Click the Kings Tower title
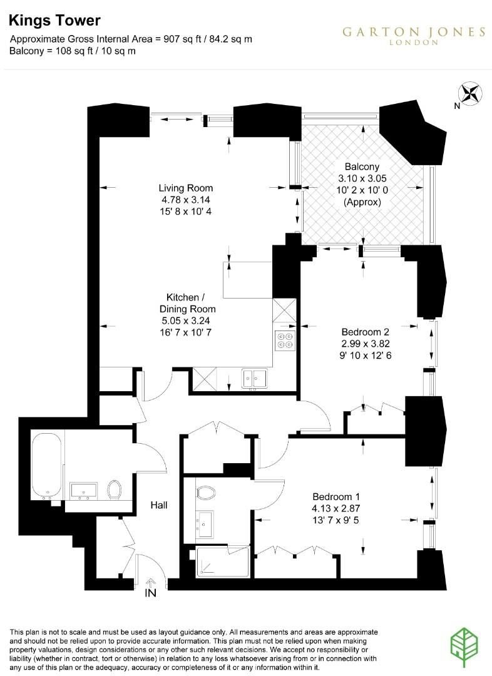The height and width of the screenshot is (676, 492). coord(54,20)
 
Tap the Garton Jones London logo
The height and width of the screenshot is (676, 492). coord(414,35)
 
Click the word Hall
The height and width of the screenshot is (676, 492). coord(159,505)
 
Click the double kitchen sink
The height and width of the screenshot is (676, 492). coord(254,379)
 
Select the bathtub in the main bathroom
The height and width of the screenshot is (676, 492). coord(46,465)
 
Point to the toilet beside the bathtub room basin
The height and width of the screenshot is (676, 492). coord(115,489)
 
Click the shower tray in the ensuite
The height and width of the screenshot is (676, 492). coord(222,561)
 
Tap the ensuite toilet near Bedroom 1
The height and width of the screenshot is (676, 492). coord(206,493)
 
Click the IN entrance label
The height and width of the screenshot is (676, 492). coord(150,593)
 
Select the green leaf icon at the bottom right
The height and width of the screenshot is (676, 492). coord(464,648)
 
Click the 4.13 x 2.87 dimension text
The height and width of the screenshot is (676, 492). coord(336,508)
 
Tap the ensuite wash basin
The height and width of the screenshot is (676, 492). coord(205,524)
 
